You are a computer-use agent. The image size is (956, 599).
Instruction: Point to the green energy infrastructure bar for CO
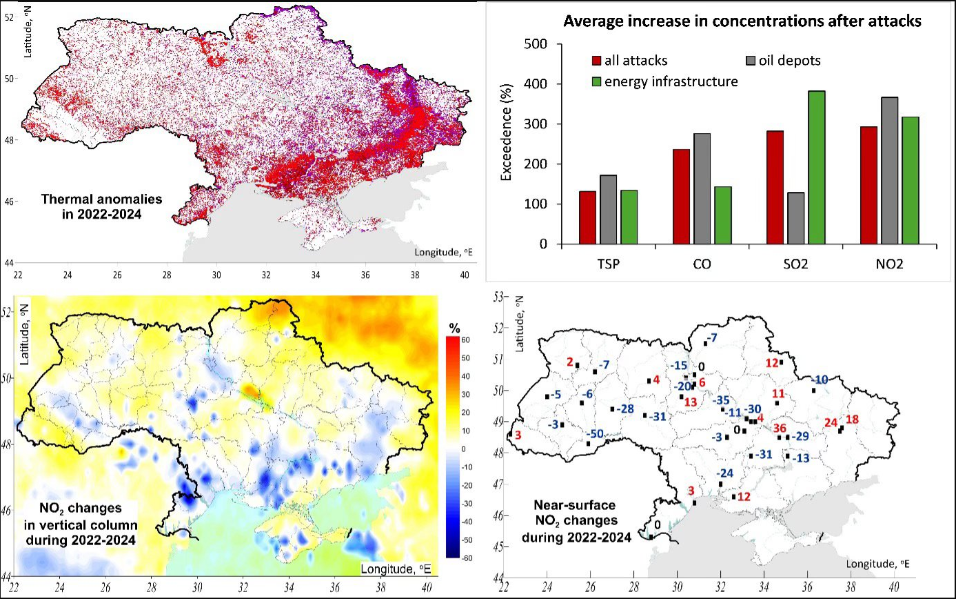tap(723, 215)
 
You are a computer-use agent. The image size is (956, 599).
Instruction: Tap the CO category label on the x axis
tap(704, 264)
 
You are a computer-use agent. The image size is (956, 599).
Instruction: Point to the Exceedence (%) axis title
tap(507, 144)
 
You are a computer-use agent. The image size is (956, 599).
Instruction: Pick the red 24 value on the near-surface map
tap(831, 422)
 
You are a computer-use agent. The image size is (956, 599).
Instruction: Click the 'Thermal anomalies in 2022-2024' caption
tap(101, 206)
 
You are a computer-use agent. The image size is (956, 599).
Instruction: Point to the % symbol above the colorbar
tap(455, 327)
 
